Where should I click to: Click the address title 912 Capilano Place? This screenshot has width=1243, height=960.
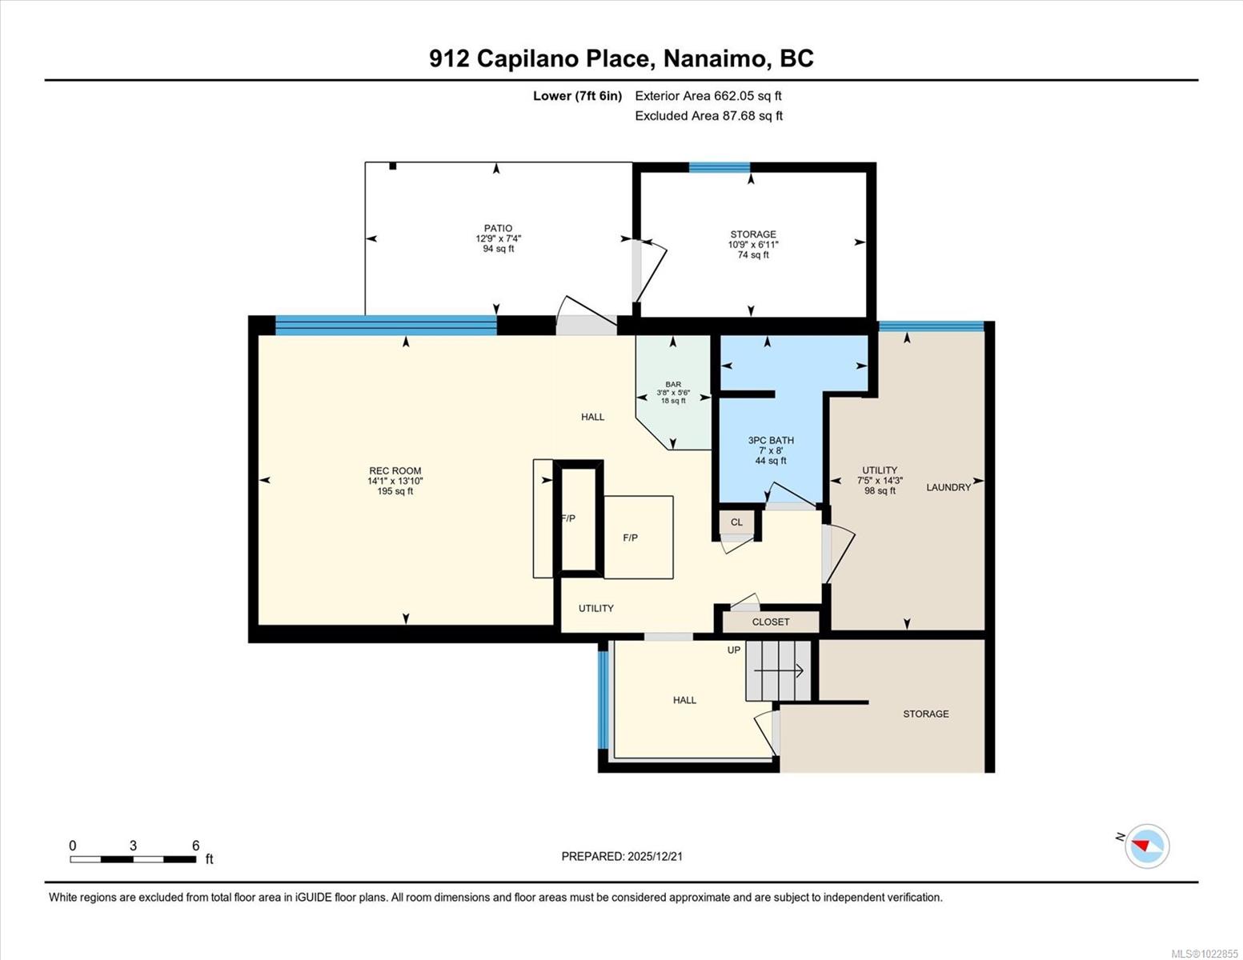click(621, 58)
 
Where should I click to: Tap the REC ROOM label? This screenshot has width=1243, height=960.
click(395, 471)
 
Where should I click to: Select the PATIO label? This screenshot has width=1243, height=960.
click(498, 228)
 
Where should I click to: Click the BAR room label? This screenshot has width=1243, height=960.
click(672, 385)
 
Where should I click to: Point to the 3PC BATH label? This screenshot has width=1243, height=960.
click(771, 440)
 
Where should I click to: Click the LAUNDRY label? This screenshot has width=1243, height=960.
click(948, 487)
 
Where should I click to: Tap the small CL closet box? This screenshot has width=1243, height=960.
click(736, 522)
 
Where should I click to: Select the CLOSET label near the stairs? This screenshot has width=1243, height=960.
click(771, 622)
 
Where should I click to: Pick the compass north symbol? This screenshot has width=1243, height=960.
click(1146, 846)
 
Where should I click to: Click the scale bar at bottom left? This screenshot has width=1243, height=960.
click(133, 859)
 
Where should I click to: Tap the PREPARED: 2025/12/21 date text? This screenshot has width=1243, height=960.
click(622, 856)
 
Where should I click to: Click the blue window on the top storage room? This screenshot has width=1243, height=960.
click(720, 167)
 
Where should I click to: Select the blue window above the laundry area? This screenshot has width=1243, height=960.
click(931, 326)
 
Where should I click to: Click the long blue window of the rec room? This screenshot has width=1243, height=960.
click(386, 325)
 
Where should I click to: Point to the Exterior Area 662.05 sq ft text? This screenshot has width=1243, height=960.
click(708, 96)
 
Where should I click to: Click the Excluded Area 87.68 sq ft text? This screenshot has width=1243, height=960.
click(708, 116)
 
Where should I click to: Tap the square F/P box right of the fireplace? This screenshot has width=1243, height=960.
click(638, 537)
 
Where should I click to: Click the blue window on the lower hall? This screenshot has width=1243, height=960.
click(603, 700)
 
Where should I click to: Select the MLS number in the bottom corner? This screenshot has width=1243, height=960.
click(1205, 954)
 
